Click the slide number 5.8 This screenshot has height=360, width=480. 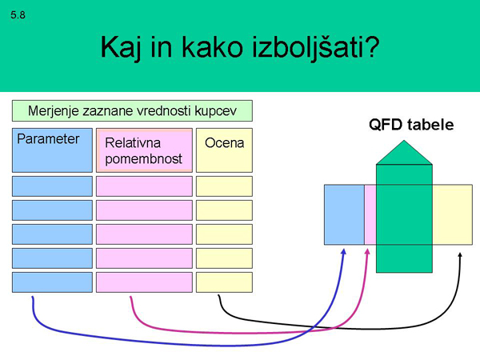tap(18, 15)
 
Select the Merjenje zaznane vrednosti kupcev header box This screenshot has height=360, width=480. tap(132, 110)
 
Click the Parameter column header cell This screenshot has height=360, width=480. tap(53, 150)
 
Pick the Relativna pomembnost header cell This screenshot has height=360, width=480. tap(144, 150)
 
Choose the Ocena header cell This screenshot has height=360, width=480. tap(224, 150)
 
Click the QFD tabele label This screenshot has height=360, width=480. tap(410, 125)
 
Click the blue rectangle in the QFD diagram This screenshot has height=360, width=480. tap(344, 214)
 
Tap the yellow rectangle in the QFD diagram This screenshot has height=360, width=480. tap(453, 214)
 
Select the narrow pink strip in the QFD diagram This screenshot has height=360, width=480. tap(370, 214)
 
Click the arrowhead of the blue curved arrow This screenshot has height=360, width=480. tap(344, 250)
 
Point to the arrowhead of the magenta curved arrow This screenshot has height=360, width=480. tap(368, 250)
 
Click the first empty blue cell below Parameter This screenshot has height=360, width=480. tap(53, 186)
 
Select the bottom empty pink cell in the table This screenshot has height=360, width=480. tap(144, 282)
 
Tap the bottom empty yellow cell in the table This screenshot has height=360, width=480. tap(224, 282)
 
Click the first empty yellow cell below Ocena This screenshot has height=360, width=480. tap(224, 186)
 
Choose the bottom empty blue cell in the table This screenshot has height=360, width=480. tap(53, 282)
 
